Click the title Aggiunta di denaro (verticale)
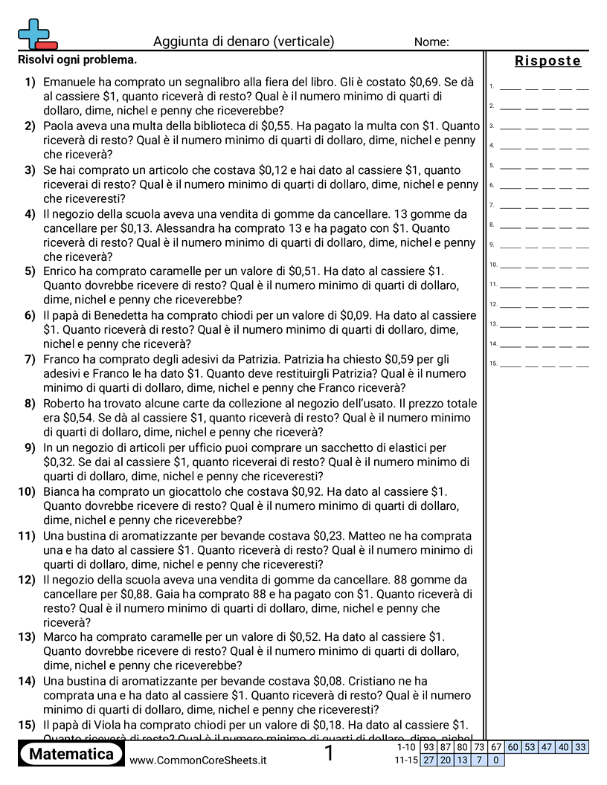[243, 42]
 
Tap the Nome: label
[431, 42]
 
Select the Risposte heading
[547, 61]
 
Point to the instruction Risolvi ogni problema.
[77, 59]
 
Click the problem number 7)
[30, 359]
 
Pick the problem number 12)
[27, 579]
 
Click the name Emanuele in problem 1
[71, 82]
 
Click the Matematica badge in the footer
[71, 754]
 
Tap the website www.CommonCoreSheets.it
[198, 760]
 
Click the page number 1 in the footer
[330, 754]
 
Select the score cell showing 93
[429, 747]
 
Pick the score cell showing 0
[495, 760]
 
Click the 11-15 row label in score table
[406, 760]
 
